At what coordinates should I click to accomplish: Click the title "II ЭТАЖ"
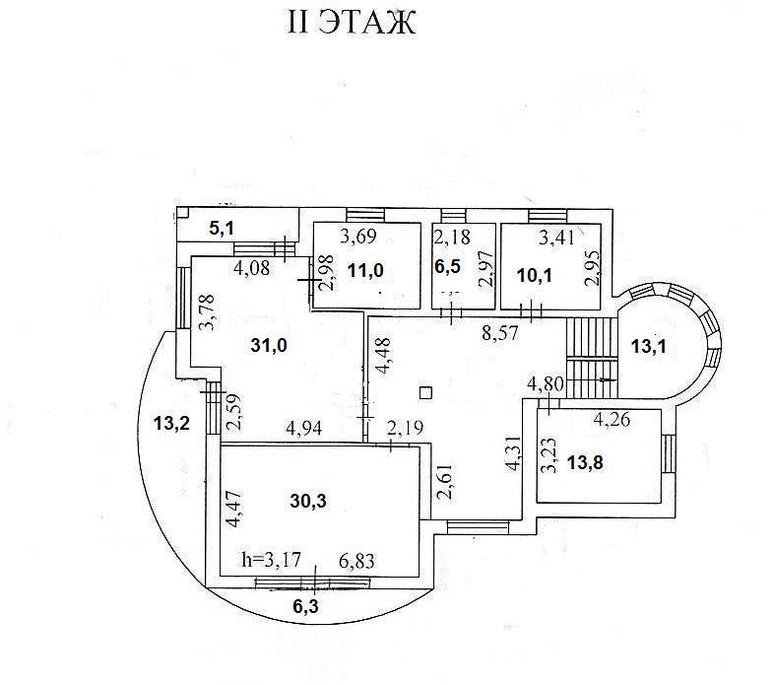coord(352,22)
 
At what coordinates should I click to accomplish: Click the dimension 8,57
coord(502,334)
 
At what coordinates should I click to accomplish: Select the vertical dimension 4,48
coord(380,358)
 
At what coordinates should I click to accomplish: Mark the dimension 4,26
coord(611,420)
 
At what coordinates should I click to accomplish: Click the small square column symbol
coord(425,392)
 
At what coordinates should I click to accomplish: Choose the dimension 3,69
coord(359,237)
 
